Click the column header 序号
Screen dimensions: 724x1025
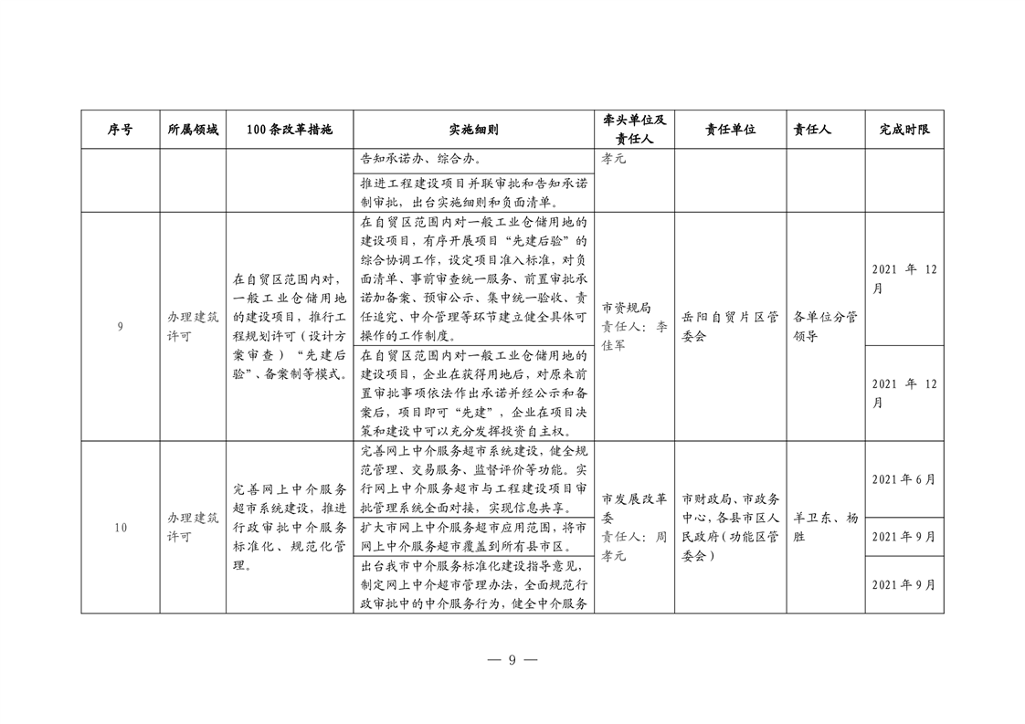pos(120,130)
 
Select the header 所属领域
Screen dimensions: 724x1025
pos(193,130)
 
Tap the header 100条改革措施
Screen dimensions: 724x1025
pos(289,130)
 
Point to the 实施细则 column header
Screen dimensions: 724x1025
pos(473,130)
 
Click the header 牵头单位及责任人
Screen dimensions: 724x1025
pos(635,130)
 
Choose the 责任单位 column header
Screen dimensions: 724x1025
pos(730,130)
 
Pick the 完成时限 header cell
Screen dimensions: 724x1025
pos(904,130)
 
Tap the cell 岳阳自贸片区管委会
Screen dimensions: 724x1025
pos(730,327)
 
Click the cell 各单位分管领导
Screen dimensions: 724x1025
pos(825,327)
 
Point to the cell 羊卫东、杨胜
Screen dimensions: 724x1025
pos(825,527)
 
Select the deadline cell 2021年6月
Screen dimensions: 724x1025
pos(903,479)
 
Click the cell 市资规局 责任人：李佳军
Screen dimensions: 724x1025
pos(635,327)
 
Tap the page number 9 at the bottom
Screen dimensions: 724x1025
pos(512,660)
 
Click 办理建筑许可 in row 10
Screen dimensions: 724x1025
pos(193,527)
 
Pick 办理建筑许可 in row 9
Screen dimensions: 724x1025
pos(193,327)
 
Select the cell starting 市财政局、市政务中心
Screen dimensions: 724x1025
pos(730,527)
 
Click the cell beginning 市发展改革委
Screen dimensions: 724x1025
pos(635,527)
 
